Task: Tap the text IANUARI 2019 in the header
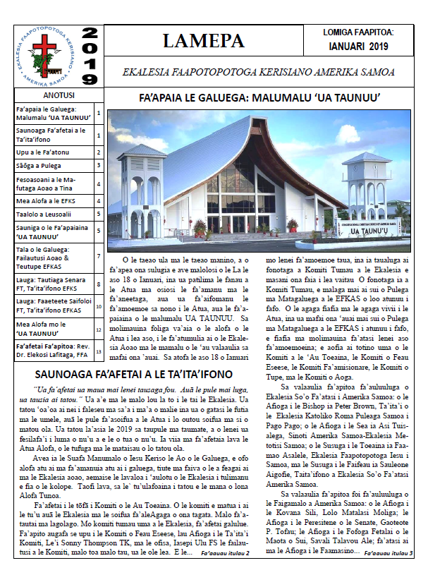(358, 47)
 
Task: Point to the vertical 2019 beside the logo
(90, 56)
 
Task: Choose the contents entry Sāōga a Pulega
(41, 167)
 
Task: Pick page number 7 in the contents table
(99, 257)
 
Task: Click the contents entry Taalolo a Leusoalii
(45, 213)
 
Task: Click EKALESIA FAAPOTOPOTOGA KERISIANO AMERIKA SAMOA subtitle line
(258, 72)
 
